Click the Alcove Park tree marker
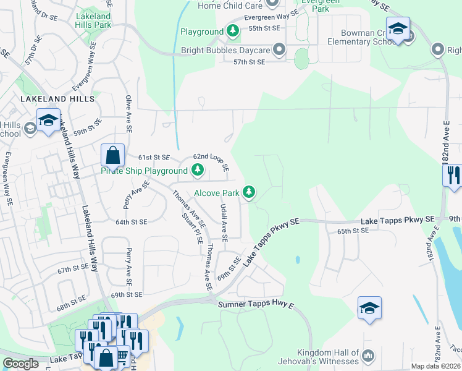point(249,193)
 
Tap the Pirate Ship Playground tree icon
point(198,170)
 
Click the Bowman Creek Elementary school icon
point(398,28)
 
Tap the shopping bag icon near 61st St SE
point(113,155)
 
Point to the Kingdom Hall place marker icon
point(369,355)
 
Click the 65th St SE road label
point(352,231)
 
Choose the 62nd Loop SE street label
point(211,163)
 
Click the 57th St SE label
point(249,62)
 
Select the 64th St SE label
point(131,221)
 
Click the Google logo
point(20,364)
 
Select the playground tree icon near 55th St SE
point(232,31)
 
